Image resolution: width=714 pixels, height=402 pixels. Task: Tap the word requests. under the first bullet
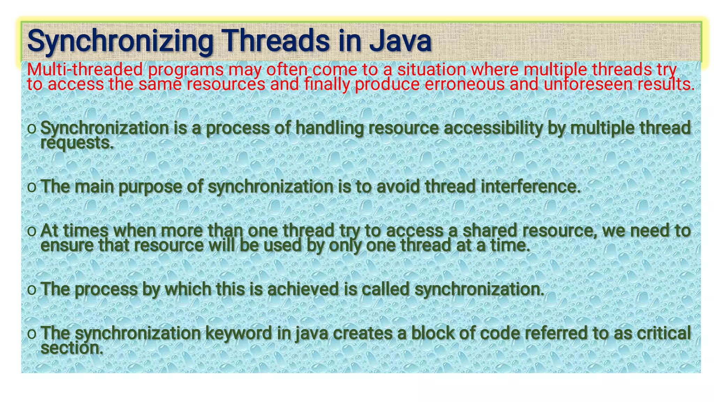tap(77, 143)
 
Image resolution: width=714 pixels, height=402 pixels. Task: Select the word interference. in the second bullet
tap(531, 187)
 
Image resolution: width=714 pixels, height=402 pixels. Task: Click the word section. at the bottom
tap(72, 348)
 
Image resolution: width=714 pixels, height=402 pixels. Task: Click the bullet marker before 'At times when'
tap(31, 231)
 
